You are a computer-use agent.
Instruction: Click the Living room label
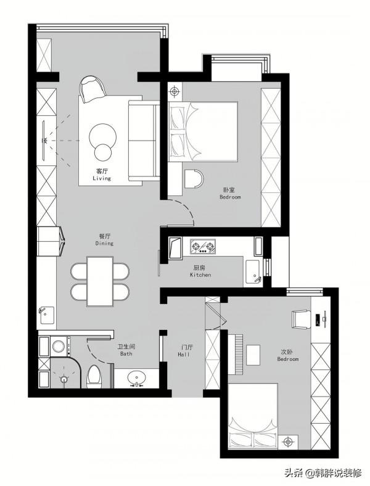pos(102,175)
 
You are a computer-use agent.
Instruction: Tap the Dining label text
pos(104,240)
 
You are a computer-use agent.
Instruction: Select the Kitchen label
pos(200,271)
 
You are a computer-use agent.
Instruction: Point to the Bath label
pos(126,350)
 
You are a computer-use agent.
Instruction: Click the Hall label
pos(184,351)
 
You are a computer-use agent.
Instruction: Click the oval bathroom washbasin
pos(137,378)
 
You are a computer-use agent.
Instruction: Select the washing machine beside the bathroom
pos(59,345)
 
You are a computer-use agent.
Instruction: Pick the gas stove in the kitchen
pos(203,247)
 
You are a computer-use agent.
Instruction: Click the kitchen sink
pos(253,272)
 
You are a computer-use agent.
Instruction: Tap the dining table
pos(100,281)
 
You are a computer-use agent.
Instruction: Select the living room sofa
pos(144,141)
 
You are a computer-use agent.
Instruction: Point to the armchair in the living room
pos(92,89)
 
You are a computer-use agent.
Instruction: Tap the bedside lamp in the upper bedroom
pos(175,92)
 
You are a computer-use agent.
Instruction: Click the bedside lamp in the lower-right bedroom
pos(288,441)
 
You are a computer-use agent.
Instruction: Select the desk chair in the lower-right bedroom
pos(301,319)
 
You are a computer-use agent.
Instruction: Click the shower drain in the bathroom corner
pos(64,379)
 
